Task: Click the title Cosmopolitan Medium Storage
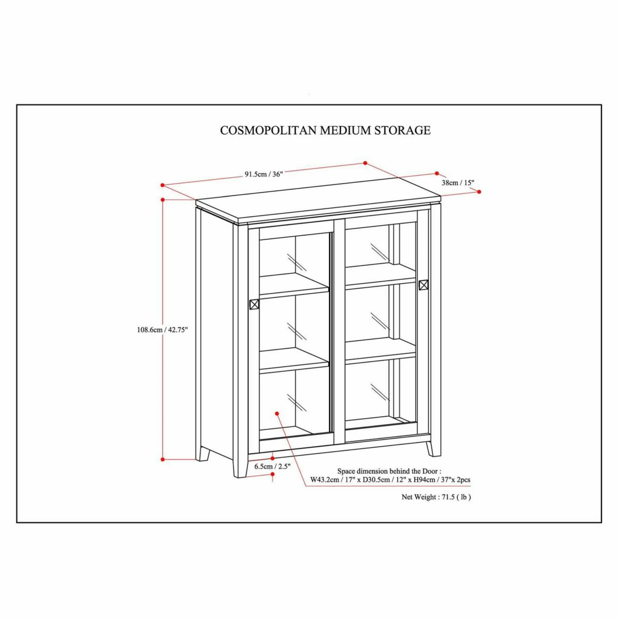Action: pyautogui.click(x=325, y=130)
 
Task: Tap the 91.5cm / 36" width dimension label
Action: pyautogui.click(x=264, y=174)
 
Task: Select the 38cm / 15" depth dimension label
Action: pyautogui.click(x=458, y=183)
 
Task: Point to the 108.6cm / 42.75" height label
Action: pyautogui.click(x=162, y=330)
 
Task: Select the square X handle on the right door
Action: pyautogui.click(x=423, y=285)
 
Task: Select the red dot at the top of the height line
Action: pyautogui.click(x=162, y=200)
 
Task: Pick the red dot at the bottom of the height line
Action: pyautogui.click(x=162, y=459)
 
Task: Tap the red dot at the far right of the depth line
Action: pyautogui.click(x=479, y=192)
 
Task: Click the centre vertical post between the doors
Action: pyautogui.click(x=339, y=330)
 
